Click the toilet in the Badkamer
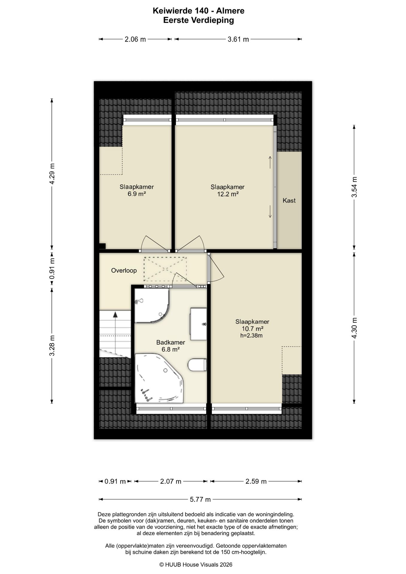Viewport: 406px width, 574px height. (198, 365)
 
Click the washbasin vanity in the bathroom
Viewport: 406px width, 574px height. (199, 324)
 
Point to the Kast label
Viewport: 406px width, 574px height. (289, 201)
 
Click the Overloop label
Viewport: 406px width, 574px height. (124, 271)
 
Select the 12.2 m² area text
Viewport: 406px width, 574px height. (228, 194)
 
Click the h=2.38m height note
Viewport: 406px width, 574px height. (251, 335)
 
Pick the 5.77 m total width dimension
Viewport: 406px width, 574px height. (200, 499)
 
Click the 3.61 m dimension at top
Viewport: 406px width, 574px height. (238, 39)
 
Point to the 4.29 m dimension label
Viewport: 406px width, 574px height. (52, 174)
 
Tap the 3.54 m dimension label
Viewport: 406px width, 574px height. (354, 187)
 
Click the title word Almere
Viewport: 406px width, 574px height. (230, 11)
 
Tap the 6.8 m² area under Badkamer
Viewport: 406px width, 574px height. (170, 349)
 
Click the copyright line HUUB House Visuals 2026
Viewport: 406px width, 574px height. (196, 564)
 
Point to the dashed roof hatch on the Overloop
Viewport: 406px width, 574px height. (165, 269)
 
